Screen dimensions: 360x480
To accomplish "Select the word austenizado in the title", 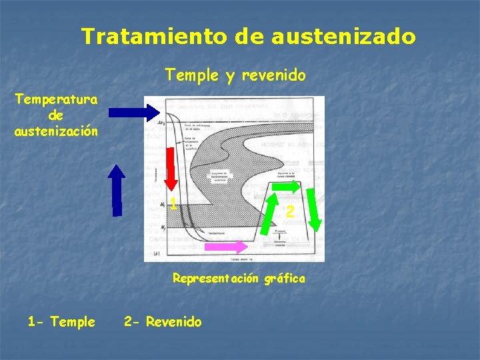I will click(x=343, y=36).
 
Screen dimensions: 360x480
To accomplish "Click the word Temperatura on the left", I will click(x=57, y=100).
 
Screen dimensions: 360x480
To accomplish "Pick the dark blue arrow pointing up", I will click(x=117, y=191).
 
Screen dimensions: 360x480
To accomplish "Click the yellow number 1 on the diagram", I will click(x=173, y=204).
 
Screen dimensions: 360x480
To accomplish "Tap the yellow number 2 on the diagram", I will click(x=290, y=212).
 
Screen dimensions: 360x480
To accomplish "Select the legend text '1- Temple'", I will click(x=61, y=322).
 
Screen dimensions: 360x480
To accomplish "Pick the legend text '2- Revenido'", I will click(x=163, y=322).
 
